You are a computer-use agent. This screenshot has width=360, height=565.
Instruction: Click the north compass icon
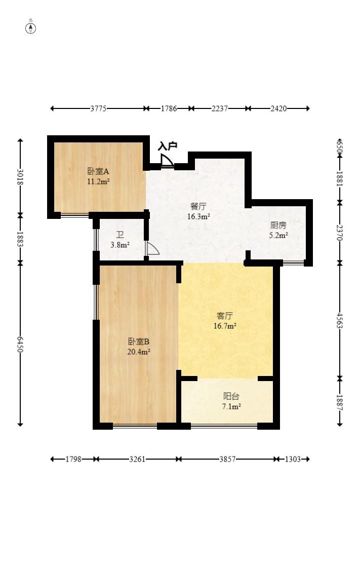(x=31, y=27)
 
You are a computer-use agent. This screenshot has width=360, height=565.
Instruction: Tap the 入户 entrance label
(x=168, y=146)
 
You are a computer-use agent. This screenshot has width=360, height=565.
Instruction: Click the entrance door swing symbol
(x=166, y=161)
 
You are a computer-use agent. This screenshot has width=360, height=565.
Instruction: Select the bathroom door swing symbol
(x=152, y=249)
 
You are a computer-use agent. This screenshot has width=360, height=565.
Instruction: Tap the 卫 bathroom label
(x=120, y=235)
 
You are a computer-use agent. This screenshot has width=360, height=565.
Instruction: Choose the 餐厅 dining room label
(x=198, y=206)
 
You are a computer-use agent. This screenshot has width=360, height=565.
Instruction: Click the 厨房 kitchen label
(x=278, y=225)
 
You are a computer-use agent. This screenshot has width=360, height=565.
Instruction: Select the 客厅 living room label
(x=225, y=316)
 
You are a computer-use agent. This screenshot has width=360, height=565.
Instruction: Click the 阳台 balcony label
(x=231, y=396)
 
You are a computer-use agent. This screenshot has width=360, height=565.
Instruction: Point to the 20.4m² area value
(x=138, y=351)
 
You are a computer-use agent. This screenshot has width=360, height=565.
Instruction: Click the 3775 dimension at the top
(x=98, y=108)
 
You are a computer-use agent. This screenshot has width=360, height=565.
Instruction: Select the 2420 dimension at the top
(x=278, y=108)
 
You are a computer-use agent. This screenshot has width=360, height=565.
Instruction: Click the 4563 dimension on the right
(x=339, y=320)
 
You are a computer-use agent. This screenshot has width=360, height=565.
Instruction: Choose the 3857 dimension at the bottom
(x=227, y=459)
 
